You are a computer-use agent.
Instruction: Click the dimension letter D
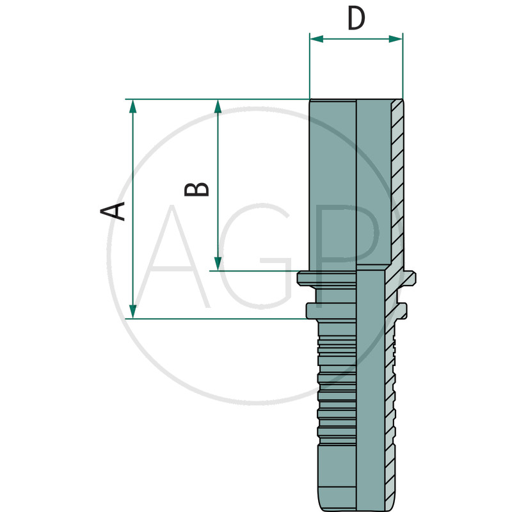(356, 19)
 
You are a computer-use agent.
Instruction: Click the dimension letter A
(113, 211)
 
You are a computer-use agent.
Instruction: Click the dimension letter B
(196, 189)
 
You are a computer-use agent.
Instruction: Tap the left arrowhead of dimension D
(316, 39)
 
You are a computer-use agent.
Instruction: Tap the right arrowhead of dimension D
(396, 39)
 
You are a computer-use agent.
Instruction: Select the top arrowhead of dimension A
(133, 106)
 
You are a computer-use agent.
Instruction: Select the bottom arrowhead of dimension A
(133, 312)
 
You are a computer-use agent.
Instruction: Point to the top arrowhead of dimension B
(218, 106)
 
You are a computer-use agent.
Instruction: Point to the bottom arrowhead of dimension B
(218, 264)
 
